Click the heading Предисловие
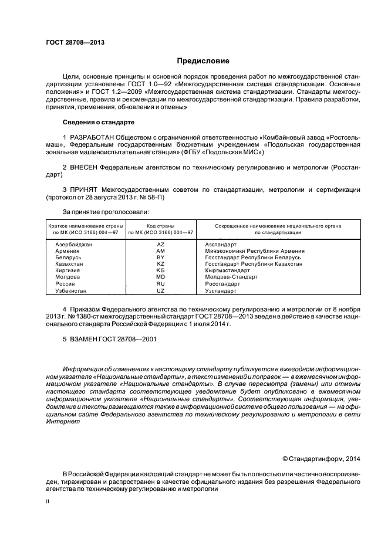tap(203, 61)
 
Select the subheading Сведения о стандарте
tap(99, 122)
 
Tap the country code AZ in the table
tap(161, 245)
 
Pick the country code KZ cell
tap(161, 265)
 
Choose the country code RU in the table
tap(161, 284)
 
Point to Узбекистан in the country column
tap(71, 291)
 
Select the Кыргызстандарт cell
tap(228, 271)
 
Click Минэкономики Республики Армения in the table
tap(255, 251)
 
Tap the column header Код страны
tap(161, 226)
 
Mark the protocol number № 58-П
tap(151, 197)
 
